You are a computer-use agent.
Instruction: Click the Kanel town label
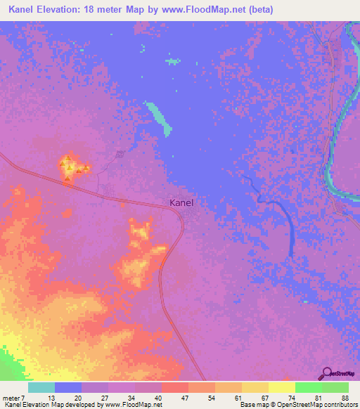click(181, 202)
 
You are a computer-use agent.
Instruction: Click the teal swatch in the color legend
click(41, 387)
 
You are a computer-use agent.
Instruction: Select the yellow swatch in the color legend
click(281, 387)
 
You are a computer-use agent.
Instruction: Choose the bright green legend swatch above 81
click(308, 387)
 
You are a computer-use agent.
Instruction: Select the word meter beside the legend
click(13, 398)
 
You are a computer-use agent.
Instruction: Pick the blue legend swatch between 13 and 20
click(68, 387)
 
